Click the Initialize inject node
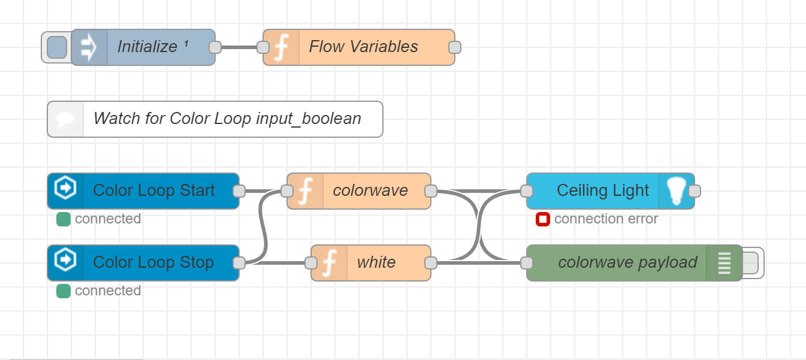pyautogui.click(x=147, y=47)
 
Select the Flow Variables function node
pyautogui.click(x=363, y=47)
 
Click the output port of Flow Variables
pyautogui.click(x=455, y=47)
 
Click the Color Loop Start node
pyautogui.click(x=153, y=190)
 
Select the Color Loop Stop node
pyautogui.click(x=153, y=262)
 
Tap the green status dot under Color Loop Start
pyautogui.click(x=64, y=219)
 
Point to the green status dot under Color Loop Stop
pyautogui.click(x=64, y=291)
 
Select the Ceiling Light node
pyautogui.click(x=602, y=190)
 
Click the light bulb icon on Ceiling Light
pyautogui.click(x=677, y=190)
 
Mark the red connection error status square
pyautogui.click(x=543, y=219)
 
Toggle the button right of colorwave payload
pyautogui.click(x=751, y=262)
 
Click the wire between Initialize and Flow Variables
pyautogui.click(x=239, y=47)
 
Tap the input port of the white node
pyautogui.click(x=311, y=262)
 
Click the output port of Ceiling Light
pyautogui.click(x=695, y=190)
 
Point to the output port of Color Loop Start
pyautogui.click(x=239, y=190)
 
